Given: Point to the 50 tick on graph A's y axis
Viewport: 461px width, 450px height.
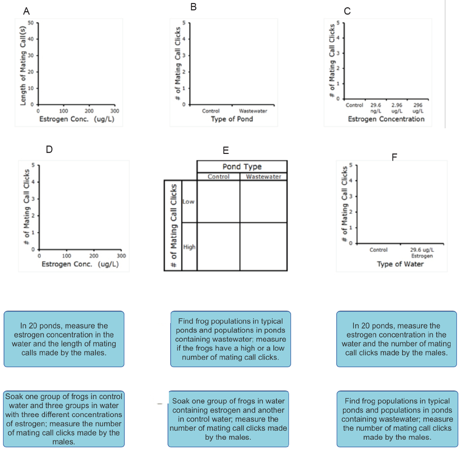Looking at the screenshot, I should pos(31,22).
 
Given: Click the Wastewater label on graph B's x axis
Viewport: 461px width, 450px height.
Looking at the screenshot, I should pos(253,111).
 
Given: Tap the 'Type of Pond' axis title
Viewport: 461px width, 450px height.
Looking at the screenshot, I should pos(232,119).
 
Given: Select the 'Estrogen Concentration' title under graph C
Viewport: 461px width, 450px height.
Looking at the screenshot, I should pos(386,119).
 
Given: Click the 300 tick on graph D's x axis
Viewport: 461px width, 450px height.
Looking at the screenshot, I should pos(121,255).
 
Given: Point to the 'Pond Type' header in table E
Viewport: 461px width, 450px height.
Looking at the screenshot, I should pos(242,166).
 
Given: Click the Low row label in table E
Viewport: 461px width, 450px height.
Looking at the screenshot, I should pos(189,202).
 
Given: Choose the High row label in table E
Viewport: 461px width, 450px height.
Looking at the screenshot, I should pos(189,247).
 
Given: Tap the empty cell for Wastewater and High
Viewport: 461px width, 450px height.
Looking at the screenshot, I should pos(263,246).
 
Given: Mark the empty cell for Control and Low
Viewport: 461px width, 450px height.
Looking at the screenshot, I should pos(218,201).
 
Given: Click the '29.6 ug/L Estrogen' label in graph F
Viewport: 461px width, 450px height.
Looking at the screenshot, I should pos(421,252).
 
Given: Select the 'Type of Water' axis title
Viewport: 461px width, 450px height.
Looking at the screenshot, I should pos(400,264).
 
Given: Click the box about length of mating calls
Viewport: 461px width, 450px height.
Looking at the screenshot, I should pos(64,339).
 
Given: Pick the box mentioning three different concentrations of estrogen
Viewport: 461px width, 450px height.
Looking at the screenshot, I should pos(63,419).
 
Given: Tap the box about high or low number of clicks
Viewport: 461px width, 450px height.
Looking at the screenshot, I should pos(230,339).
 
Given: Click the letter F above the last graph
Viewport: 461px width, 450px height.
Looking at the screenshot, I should pos(394,157).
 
